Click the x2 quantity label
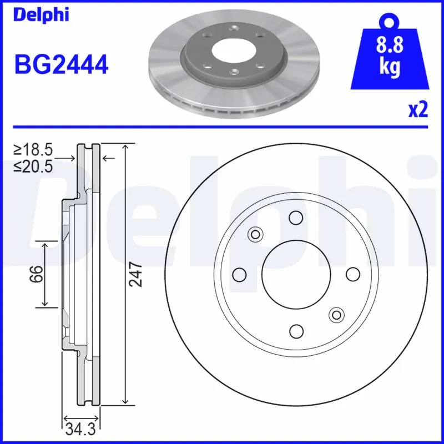(418, 109)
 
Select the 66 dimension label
(36, 274)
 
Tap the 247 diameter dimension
(137, 274)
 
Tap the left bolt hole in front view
(239, 274)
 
